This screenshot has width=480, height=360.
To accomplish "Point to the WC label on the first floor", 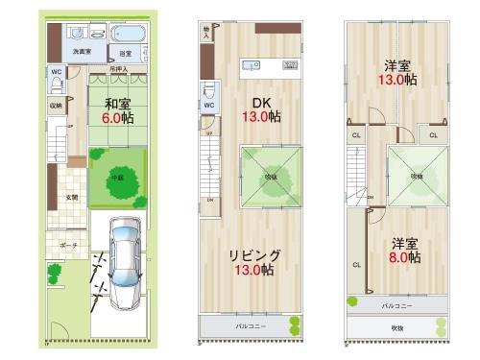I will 57,71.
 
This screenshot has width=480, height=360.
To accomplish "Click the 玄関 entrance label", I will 70,198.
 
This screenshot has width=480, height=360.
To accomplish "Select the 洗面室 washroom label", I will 84,52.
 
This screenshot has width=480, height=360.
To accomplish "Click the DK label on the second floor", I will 262,102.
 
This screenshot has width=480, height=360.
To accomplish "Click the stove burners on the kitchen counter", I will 290,65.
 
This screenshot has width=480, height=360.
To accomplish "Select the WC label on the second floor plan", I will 209,104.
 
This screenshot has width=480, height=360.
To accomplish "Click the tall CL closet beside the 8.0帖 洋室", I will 356,264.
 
